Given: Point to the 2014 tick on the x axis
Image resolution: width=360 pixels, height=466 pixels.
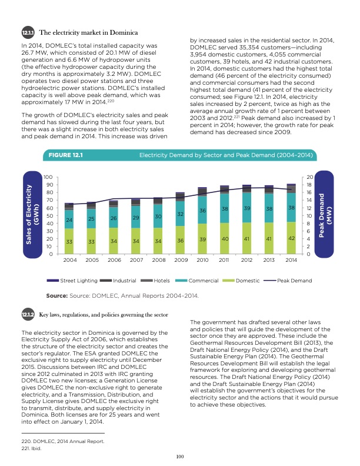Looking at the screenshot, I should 291,259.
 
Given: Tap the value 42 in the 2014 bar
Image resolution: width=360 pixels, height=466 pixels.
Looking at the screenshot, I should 291,238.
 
